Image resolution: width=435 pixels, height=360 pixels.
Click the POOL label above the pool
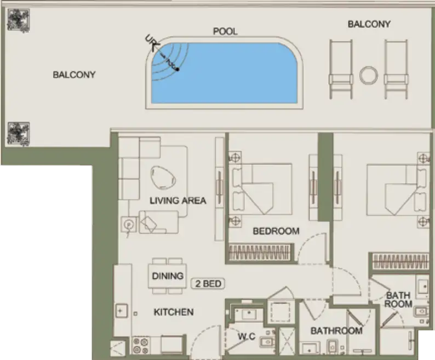pyautogui.click(x=225, y=31)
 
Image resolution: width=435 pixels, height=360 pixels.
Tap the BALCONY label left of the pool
pyautogui.click(x=74, y=75)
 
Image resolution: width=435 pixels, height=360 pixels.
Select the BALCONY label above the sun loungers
pyautogui.click(x=369, y=24)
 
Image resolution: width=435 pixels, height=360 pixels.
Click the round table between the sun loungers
pyautogui.click(x=369, y=75)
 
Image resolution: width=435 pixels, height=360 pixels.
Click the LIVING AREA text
pyautogui.click(x=178, y=201)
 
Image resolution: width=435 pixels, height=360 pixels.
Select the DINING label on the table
pyautogui.click(x=168, y=276)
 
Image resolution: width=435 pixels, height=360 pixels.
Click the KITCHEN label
pyautogui.click(x=173, y=312)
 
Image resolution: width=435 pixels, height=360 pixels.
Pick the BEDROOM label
pyautogui.click(x=276, y=231)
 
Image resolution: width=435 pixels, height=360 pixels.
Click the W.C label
pyautogui.click(x=246, y=336)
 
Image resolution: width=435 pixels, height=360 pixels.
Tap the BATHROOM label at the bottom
pyautogui.click(x=336, y=330)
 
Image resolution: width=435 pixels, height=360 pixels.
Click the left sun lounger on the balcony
pyautogui.click(x=341, y=69)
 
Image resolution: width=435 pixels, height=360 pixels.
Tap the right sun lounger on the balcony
pyautogui.click(x=396, y=69)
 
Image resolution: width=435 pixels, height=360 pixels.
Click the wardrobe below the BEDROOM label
pyautogui.click(x=260, y=253)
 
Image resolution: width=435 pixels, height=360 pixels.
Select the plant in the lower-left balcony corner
pyautogui.click(x=18, y=133)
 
